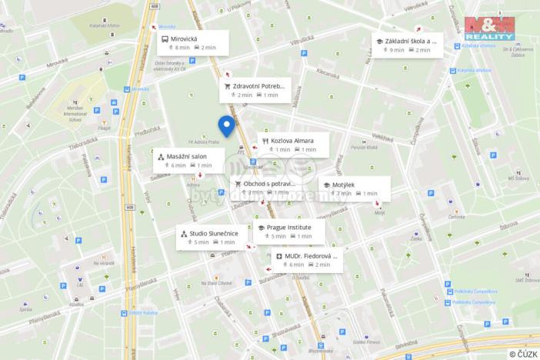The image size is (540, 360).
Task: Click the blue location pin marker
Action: [226, 125]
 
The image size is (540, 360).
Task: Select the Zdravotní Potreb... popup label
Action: [255, 89]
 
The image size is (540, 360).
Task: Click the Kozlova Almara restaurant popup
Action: [293, 145]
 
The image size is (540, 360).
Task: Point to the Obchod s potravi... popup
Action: [265, 188]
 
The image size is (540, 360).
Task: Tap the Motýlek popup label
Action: [354, 188]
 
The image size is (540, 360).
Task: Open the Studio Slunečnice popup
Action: [211, 237]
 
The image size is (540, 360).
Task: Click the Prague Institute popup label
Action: [290, 232]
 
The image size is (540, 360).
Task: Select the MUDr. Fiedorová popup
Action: [306, 259]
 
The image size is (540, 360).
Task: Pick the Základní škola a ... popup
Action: [406, 45]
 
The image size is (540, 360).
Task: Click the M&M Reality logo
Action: [489, 28]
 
